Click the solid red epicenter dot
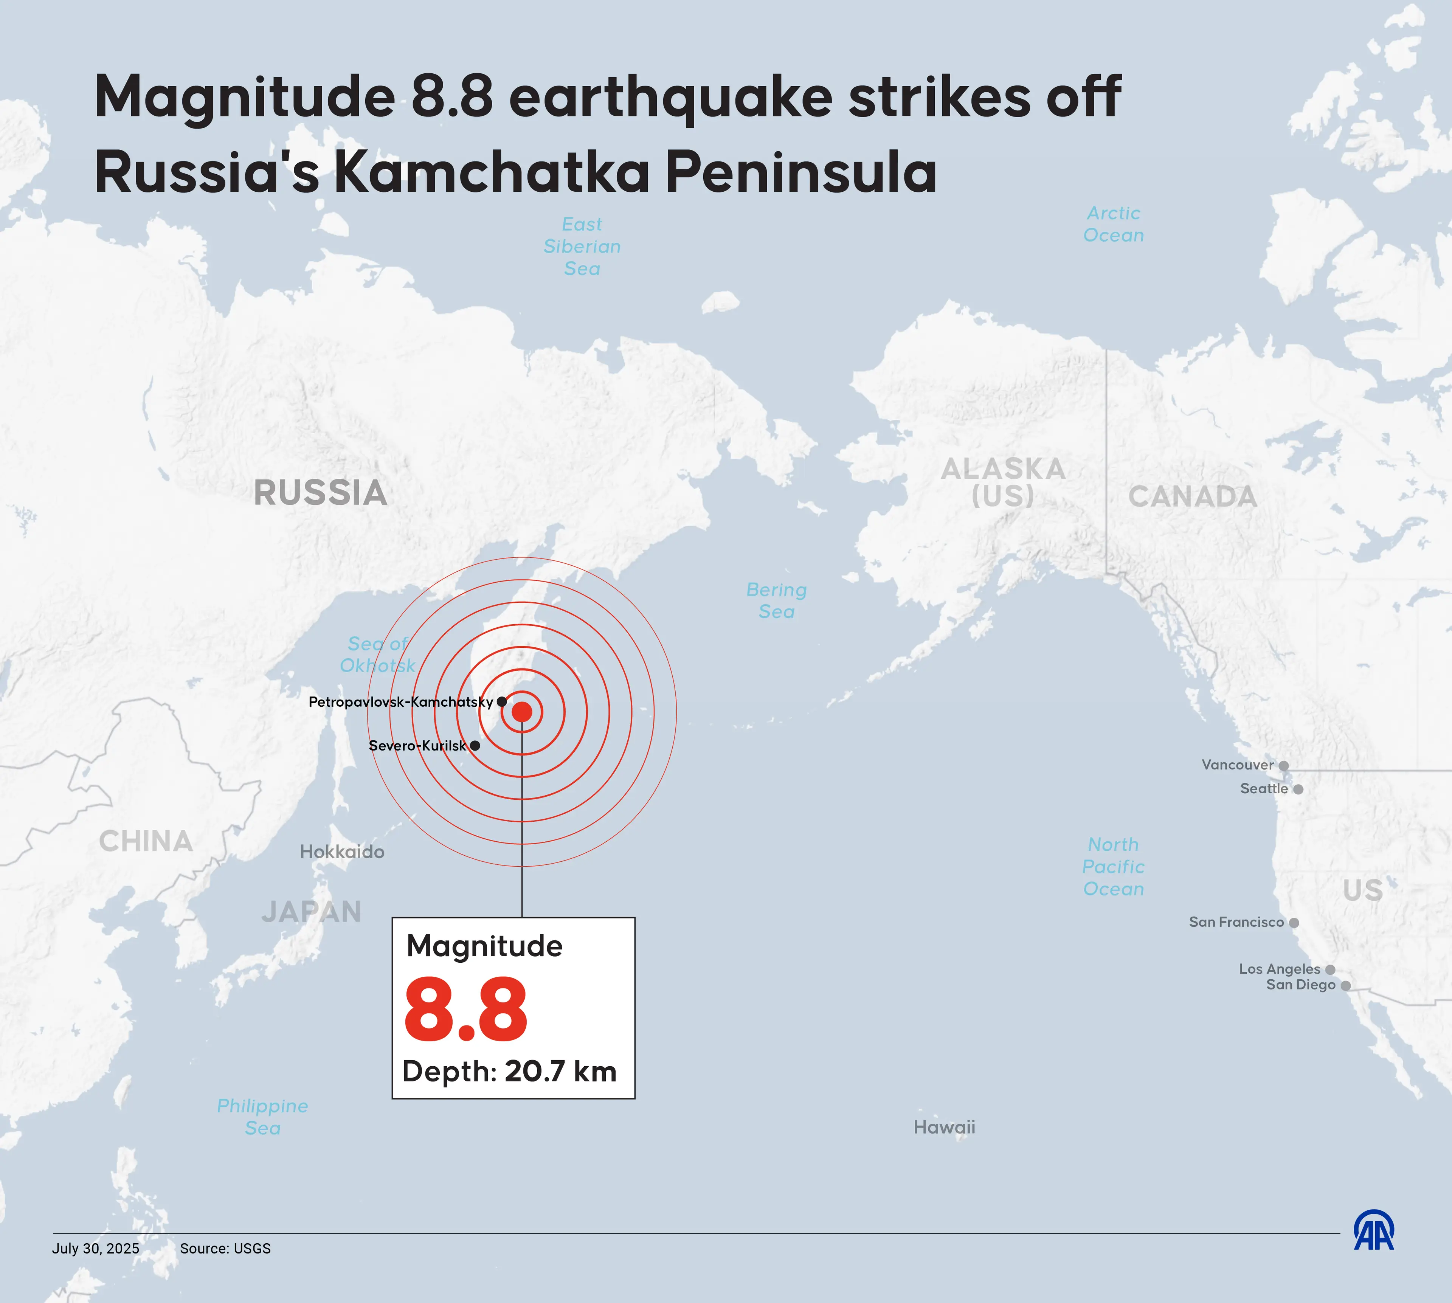click(522, 712)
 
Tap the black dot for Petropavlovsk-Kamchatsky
click(502, 702)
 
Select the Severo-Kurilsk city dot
click(475, 745)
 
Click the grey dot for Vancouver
click(1284, 765)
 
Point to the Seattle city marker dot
click(1298, 789)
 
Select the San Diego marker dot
click(1345, 986)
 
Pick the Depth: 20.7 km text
click(509, 1072)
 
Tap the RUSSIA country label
click(320, 493)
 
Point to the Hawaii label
click(944, 1127)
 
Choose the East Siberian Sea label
click(582, 246)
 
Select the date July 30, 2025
click(95, 1249)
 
